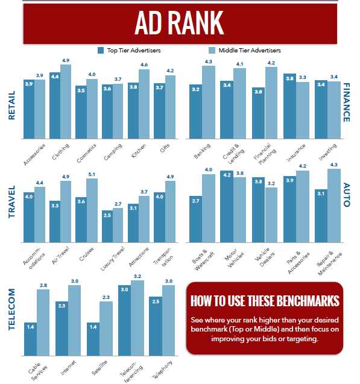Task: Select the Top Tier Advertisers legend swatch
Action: pos(101,50)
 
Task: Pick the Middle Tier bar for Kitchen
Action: pos(144,103)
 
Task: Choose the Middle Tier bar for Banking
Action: pos(208,102)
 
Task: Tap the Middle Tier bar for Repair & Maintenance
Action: pos(333,206)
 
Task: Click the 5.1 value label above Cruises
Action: pos(92,175)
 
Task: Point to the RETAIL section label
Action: pos(11,105)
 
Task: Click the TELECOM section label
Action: pos(11,313)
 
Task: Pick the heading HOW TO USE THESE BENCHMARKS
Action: pos(264,301)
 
